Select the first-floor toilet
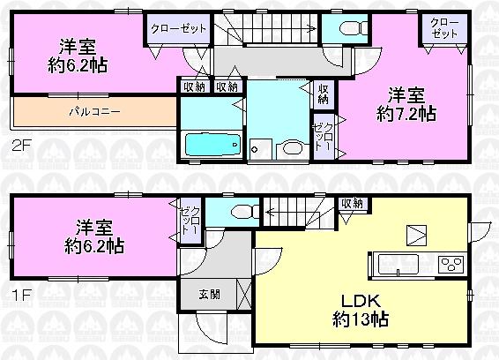click(239, 209)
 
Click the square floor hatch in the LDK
click(416, 235)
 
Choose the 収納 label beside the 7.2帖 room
click(323, 93)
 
